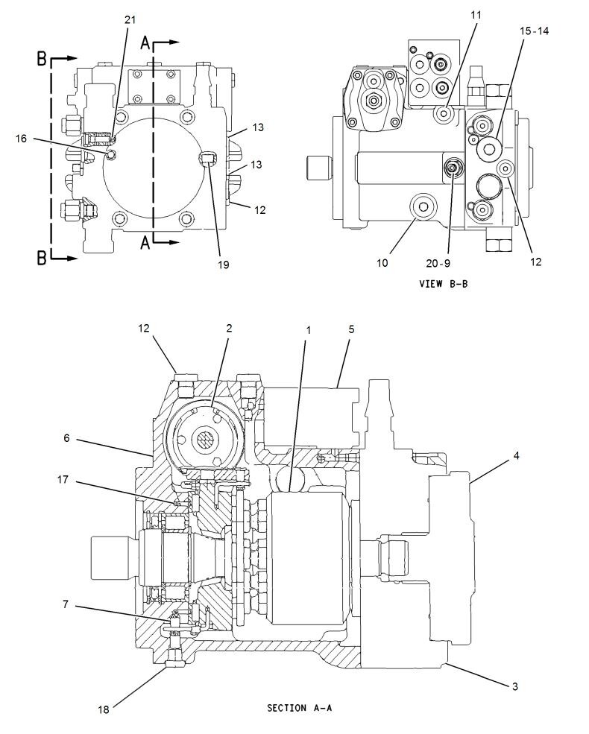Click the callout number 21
tap(130, 19)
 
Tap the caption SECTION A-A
tap(299, 708)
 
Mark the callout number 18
tap(103, 709)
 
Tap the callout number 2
tap(230, 328)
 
